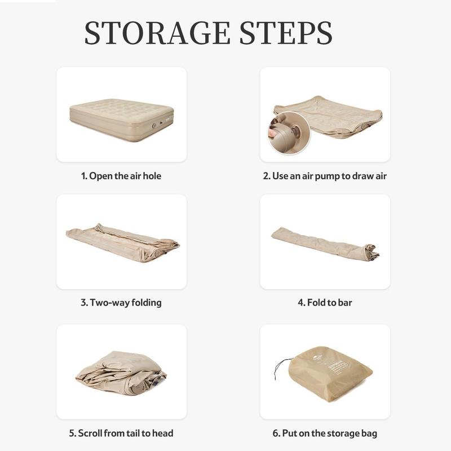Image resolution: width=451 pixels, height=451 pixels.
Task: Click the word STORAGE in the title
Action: (x=157, y=33)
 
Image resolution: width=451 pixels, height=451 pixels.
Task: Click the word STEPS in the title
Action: (x=286, y=33)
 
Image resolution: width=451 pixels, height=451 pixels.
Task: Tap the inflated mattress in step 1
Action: (x=122, y=120)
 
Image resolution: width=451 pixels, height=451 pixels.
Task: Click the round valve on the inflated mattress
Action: (x=154, y=126)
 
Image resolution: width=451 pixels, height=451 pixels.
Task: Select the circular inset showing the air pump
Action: (x=289, y=133)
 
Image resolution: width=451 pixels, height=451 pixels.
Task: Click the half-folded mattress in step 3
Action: (x=123, y=243)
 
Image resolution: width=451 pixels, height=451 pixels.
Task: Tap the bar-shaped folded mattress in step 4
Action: (x=325, y=242)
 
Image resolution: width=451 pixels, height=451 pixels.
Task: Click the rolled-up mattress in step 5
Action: (x=121, y=373)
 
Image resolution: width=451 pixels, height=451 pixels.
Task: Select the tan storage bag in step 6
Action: (x=330, y=373)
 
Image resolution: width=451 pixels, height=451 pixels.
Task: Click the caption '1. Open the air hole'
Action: (x=121, y=176)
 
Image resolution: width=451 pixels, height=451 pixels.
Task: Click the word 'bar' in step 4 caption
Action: (x=345, y=303)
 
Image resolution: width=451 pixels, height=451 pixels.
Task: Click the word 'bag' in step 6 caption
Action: (x=369, y=434)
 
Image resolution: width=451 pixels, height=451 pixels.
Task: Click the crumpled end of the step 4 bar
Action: (x=372, y=251)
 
